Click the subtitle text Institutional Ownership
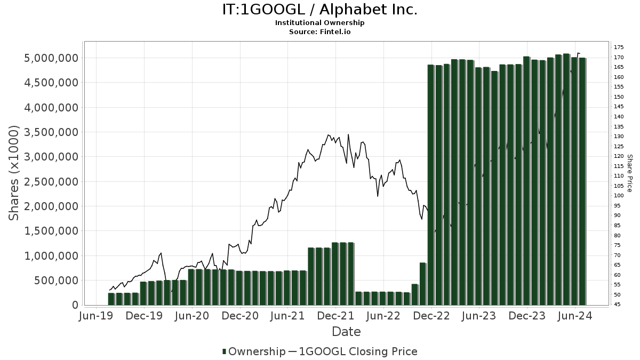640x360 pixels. click(319, 23)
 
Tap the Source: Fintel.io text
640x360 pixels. click(319, 31)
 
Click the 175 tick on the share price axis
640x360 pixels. click(619, 47)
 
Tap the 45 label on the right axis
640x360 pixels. click(617, 305)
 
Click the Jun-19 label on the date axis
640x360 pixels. click(97, 316)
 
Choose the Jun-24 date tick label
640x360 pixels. click(575, 316)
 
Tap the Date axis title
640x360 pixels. click(346, 332)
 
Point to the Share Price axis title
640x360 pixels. click(630, 173)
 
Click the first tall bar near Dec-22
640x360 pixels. click(431, 184)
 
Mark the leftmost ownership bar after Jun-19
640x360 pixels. click(111, 299)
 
